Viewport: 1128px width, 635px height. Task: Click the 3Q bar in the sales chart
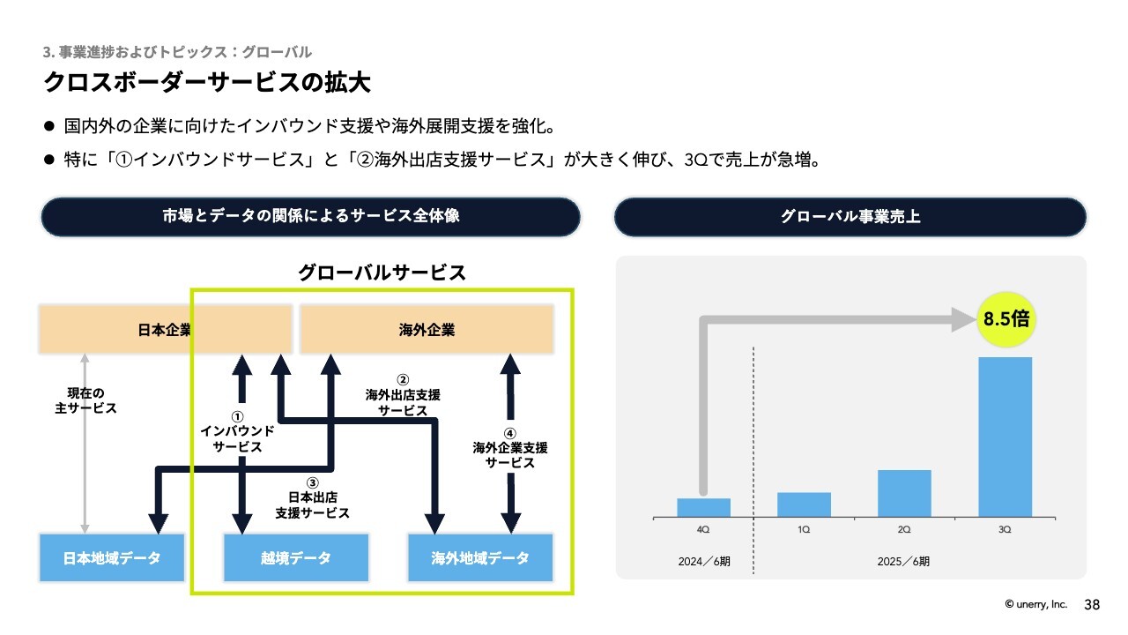tap(1005, 437)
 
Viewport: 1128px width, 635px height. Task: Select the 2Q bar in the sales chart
tap(904, 493)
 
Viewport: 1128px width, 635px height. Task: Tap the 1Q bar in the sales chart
tap(804, 504)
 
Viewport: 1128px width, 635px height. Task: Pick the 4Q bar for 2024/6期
tap(703, 507)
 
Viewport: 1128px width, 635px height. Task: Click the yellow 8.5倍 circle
tap(1006, 319)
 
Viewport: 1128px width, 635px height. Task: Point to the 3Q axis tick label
tap(1005, 529)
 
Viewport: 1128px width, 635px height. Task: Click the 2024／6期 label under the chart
tap(704, 562)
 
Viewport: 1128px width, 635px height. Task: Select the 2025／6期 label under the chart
tap(903, 562)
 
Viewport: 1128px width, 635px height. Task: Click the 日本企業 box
tap(165, 330)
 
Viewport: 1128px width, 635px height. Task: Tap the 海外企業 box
tap(427, 330)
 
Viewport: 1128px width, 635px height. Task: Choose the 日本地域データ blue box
tap(112, 558)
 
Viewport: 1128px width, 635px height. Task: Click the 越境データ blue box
tap(295, 558)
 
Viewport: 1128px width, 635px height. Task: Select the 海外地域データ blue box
tap(480, 558)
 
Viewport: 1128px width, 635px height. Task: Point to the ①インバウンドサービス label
tap(237, 432)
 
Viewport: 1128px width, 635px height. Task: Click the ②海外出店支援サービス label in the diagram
tap(403, 396)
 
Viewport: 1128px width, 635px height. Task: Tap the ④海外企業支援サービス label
tap(509, 449)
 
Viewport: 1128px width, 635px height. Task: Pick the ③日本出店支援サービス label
tap(312, 498)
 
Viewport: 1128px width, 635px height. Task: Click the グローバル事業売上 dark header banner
tap(850, 217)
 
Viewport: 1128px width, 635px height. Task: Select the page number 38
tap(1092, 605)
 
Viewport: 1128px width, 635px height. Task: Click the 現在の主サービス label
tap(85, 400)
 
